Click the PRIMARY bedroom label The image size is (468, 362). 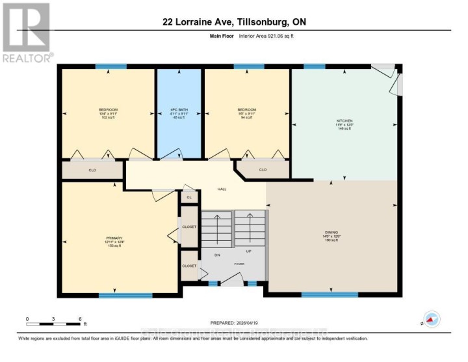click(114, 238)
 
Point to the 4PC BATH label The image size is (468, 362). click(177, 109)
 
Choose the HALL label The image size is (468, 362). click(222, 189)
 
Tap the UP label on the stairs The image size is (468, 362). click(248, 250)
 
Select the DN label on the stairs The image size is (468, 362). click(218, 255)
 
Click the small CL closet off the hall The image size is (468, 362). click(189, 197)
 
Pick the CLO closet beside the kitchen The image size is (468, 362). click(263, 170)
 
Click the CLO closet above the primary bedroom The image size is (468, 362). click(92, 171)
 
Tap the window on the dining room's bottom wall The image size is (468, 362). click(330, 295)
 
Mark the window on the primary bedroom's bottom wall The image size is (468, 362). click(125, 295)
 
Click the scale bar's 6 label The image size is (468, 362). click(80, 320)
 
